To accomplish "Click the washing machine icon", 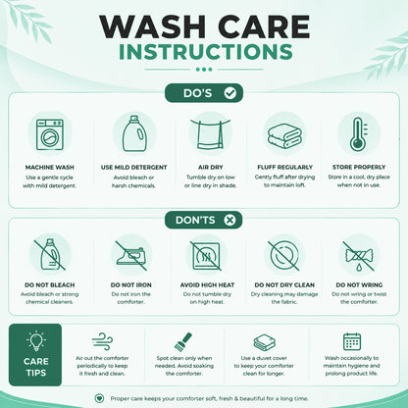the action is click(x=50, y=134).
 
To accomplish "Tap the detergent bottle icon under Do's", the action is click(x=134, y=133).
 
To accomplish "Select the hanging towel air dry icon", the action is click(x=210, y=134).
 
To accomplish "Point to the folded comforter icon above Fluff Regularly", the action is click(x=284, y=135).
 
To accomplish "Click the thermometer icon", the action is click(x=358, y=134).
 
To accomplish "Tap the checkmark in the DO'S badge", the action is click(x=229, y=93).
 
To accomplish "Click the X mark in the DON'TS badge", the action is click(x=229, y=220).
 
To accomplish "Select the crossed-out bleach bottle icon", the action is click(x=50, y=254).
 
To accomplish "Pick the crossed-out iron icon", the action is click(x=130, y=256).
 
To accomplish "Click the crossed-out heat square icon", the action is click(x=206, y=256).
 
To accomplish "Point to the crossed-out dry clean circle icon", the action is click(x=283, y=256).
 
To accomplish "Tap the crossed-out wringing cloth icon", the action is click(x=359, y=257).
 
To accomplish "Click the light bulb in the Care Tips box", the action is click(x=35, y=340).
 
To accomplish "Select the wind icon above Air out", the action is click(x=102, y=341).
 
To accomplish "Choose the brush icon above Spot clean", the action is click(x=182, y=341).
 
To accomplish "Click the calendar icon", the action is click(x=352, y=341).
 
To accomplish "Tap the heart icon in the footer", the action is click(x=99, y=398).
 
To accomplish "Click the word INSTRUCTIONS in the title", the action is click(x=206, y=52).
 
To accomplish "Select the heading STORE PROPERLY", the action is click(x=359, y=167).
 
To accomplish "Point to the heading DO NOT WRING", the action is click(x=359, y=284).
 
